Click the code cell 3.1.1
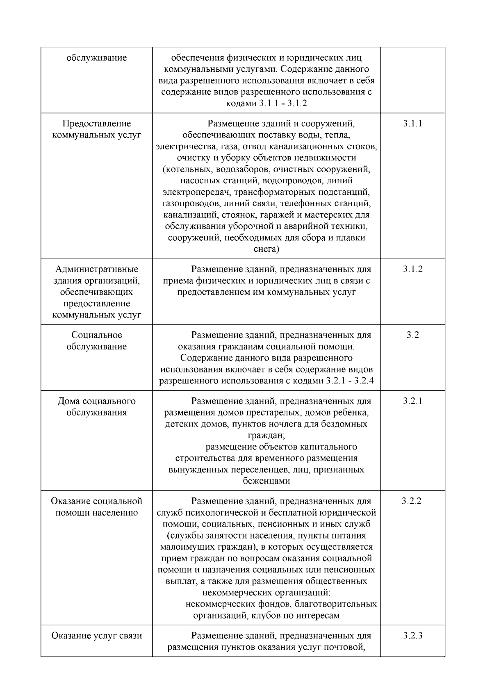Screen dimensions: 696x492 tap(412, 123)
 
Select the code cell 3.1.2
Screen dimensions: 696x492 tap(412, 269)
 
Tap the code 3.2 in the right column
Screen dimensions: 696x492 tap(412, 335)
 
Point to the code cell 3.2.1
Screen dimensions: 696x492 tap(412, 401)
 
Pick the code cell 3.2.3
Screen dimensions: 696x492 tap(412, 636)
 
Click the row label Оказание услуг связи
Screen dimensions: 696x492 tap(97, 636)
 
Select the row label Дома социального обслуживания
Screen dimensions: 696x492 tap(97, 407)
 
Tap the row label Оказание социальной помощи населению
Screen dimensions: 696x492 tap(97, 507)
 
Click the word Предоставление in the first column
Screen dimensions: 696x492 tap(97, 123)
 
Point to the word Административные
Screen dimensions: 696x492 tap(97, 269)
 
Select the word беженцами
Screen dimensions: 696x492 tap(266, 481)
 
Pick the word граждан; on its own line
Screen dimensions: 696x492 tap(266, 435)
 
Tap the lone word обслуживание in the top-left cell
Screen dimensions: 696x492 tap(97, 58)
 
